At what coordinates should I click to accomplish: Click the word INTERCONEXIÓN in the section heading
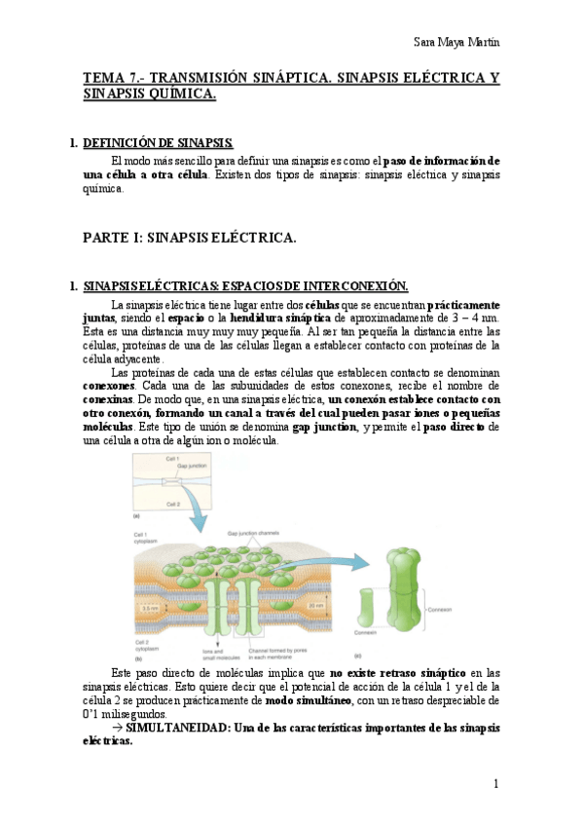pyautogui.click(x=346, y=285)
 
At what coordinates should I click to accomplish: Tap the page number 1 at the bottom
pyautogui.click(x=495, y=785)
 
